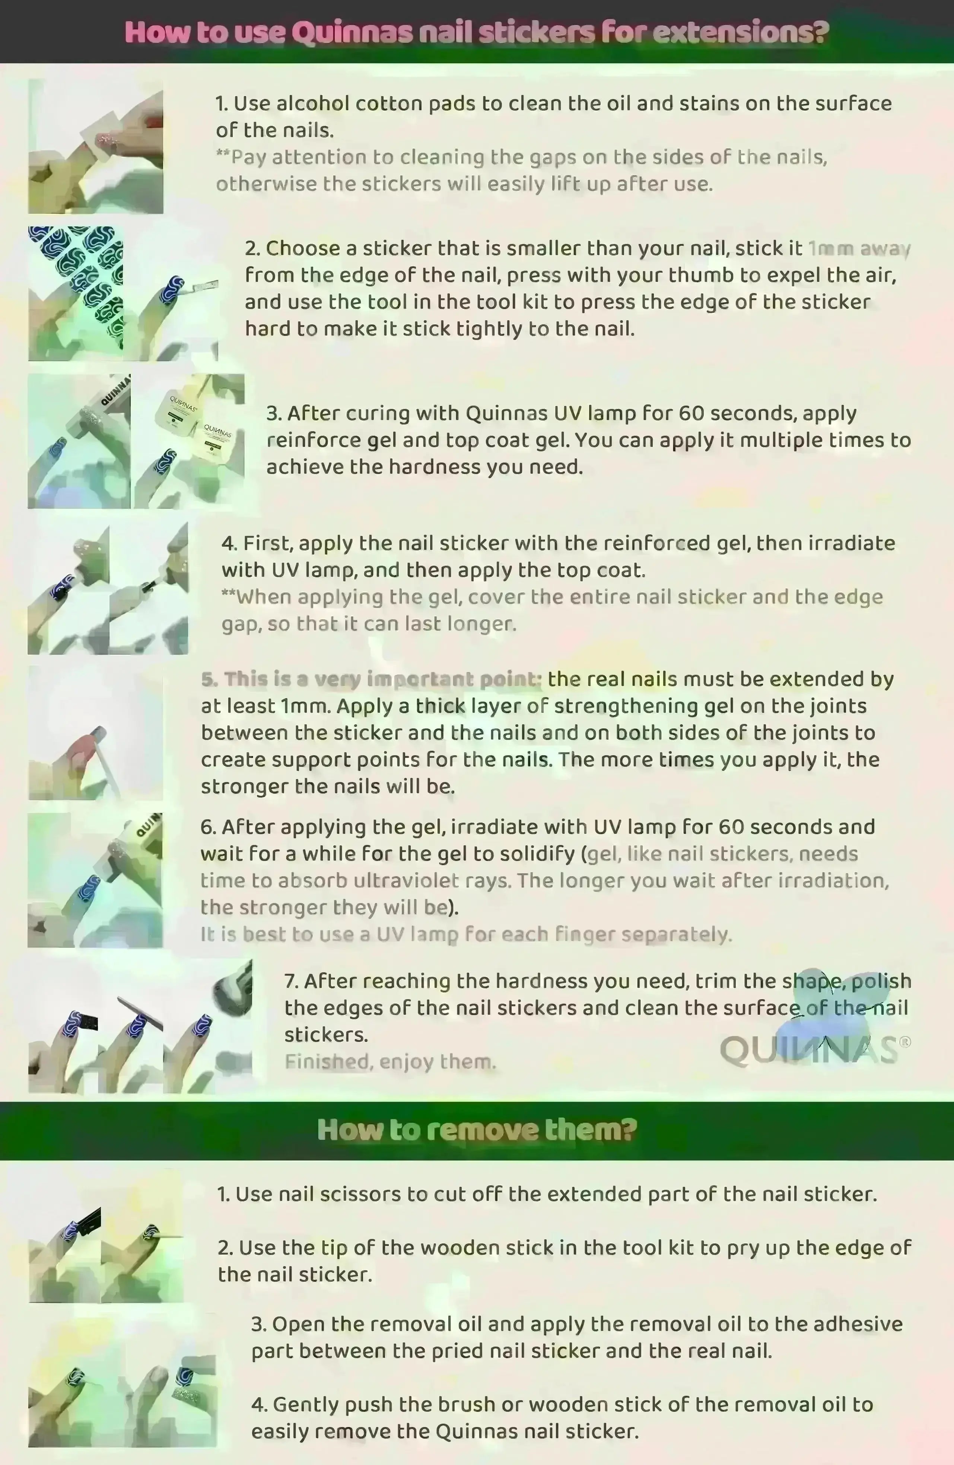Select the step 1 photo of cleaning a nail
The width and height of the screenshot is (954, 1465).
pyautogui.click(x=95, y=146)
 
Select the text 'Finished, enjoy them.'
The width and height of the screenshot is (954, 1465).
pyautogui.click(x=390, y=1062)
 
